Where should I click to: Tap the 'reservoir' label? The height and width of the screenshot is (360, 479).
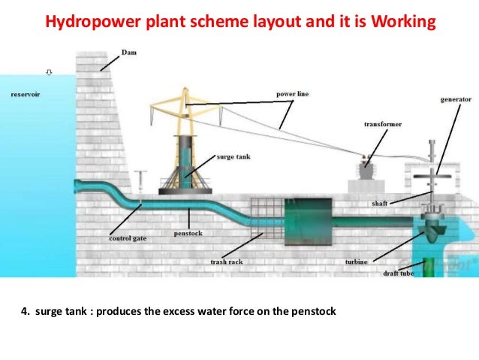pyautogui.click(x=26, y=95)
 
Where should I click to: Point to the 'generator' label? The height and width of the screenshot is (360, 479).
pyautogui.click(x=456, y=99)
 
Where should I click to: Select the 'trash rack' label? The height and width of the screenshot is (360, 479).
pyautogui.click(x=226, y=262)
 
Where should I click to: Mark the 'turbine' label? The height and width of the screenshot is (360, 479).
pyautogui.click(x=356, y=262)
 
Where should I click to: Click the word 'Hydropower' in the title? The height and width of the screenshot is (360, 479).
pyautogui.click(x=85, y=22)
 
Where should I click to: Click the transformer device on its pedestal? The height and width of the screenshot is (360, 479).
pyautogui.click(x=367, y=169)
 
